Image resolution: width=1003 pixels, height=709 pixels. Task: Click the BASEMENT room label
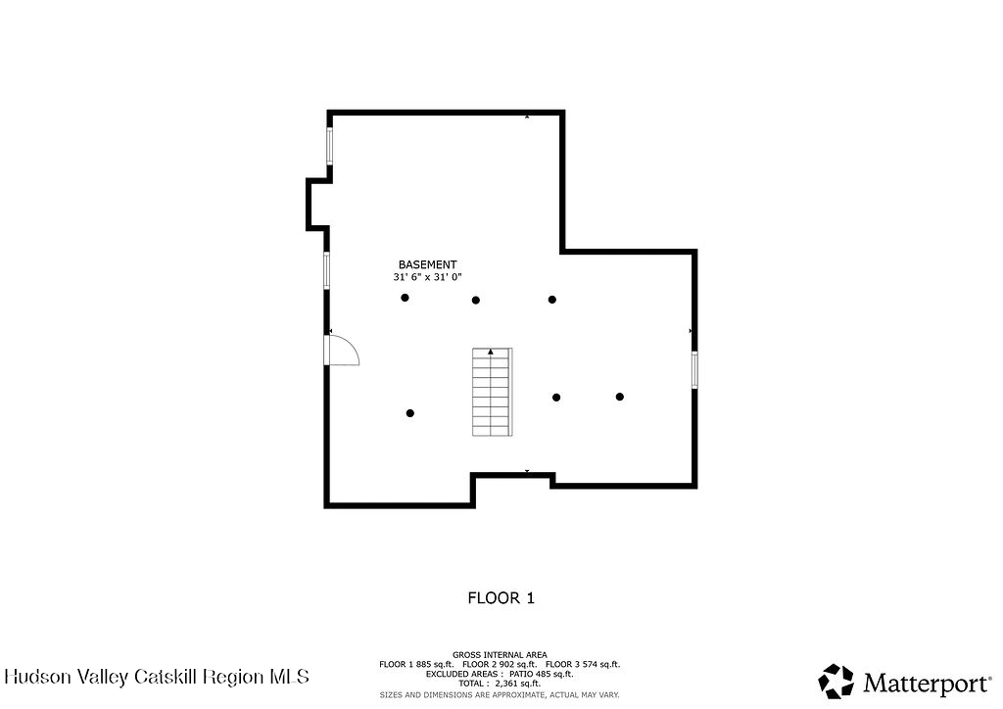click(x=427, y=264)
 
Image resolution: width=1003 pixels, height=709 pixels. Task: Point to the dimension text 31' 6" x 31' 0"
click(x=427, y=277)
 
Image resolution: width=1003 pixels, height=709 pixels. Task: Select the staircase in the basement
click(x=492, y=392)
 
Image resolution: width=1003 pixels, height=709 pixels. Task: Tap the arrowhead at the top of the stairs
click(x=491, y=352)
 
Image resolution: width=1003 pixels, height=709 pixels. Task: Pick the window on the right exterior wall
click(x=694, y=369)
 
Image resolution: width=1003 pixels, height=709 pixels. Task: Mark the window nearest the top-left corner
click(x=330, y=147)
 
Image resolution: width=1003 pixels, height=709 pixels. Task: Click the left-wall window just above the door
click(x=326, y=270)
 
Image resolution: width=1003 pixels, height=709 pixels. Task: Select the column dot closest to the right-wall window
click(x=620, y=397)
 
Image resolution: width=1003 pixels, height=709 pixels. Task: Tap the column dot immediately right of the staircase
click(x=556, y=398)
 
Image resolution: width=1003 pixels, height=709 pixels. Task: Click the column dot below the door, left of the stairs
click(x=410, y=413)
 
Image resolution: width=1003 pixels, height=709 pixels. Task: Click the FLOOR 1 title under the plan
click(x=501, y=598)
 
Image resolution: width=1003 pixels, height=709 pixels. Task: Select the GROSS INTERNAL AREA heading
click(x=500, y=655)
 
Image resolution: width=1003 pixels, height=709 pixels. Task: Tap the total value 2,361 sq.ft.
click(x=517, y=684)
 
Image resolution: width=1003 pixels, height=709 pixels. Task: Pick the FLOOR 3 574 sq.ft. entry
click(x=583, y=664)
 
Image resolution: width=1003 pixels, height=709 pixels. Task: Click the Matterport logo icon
click(x=836, y=682)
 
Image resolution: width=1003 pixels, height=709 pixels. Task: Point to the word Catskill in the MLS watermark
click(x=165, y=677)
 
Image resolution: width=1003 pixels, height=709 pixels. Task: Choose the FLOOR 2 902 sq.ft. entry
click(x=500, y=664)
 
